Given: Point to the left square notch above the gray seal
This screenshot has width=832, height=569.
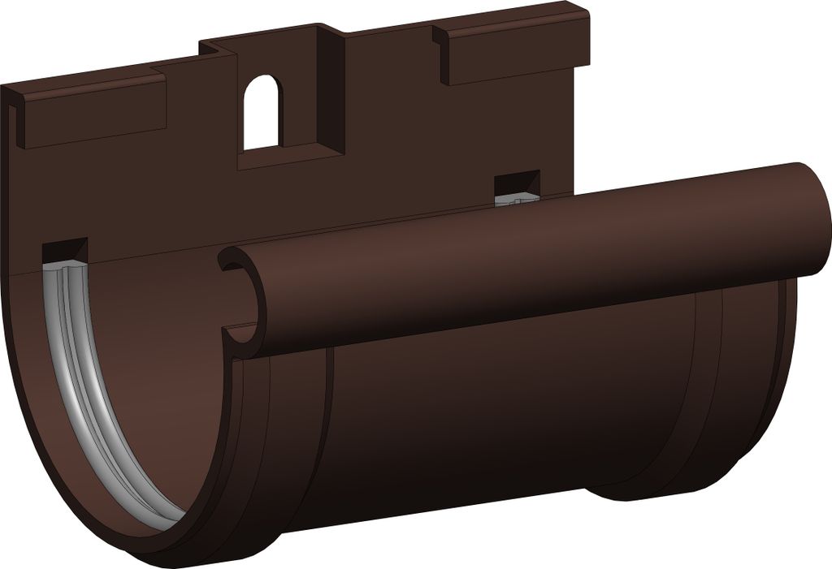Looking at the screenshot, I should tap(64, 251).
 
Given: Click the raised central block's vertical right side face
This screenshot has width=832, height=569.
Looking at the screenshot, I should tap(333, 89).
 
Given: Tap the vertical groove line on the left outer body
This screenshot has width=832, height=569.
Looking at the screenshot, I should tap(330, 422).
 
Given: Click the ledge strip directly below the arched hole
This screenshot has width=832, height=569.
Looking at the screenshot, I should tap(284, 155).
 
